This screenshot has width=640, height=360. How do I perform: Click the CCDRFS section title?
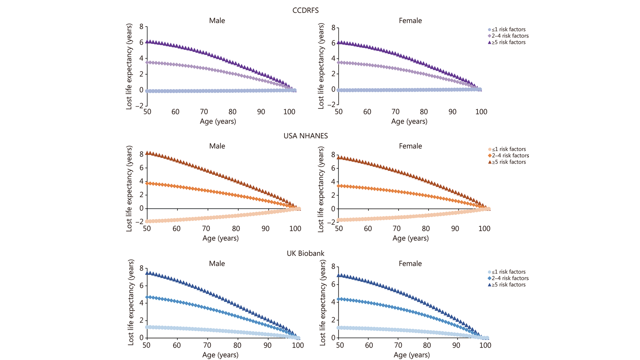305,10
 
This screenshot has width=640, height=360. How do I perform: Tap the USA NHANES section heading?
306,136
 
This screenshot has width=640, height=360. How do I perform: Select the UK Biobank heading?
305,253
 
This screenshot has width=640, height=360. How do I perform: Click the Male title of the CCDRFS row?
217,20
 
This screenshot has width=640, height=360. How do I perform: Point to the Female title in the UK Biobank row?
410,264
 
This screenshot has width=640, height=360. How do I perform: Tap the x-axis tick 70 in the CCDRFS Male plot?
204,112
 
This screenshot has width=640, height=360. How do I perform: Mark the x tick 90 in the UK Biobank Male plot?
267,345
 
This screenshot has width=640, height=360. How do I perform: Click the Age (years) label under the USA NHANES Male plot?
220,238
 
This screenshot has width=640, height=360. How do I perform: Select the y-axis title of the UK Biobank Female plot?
323,303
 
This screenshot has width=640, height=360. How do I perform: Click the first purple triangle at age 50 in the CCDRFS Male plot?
147,42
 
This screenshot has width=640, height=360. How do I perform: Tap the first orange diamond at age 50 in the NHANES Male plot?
147,184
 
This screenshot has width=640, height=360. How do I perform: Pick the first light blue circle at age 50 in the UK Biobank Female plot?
339,328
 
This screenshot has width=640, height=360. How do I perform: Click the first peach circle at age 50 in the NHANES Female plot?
339,220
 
